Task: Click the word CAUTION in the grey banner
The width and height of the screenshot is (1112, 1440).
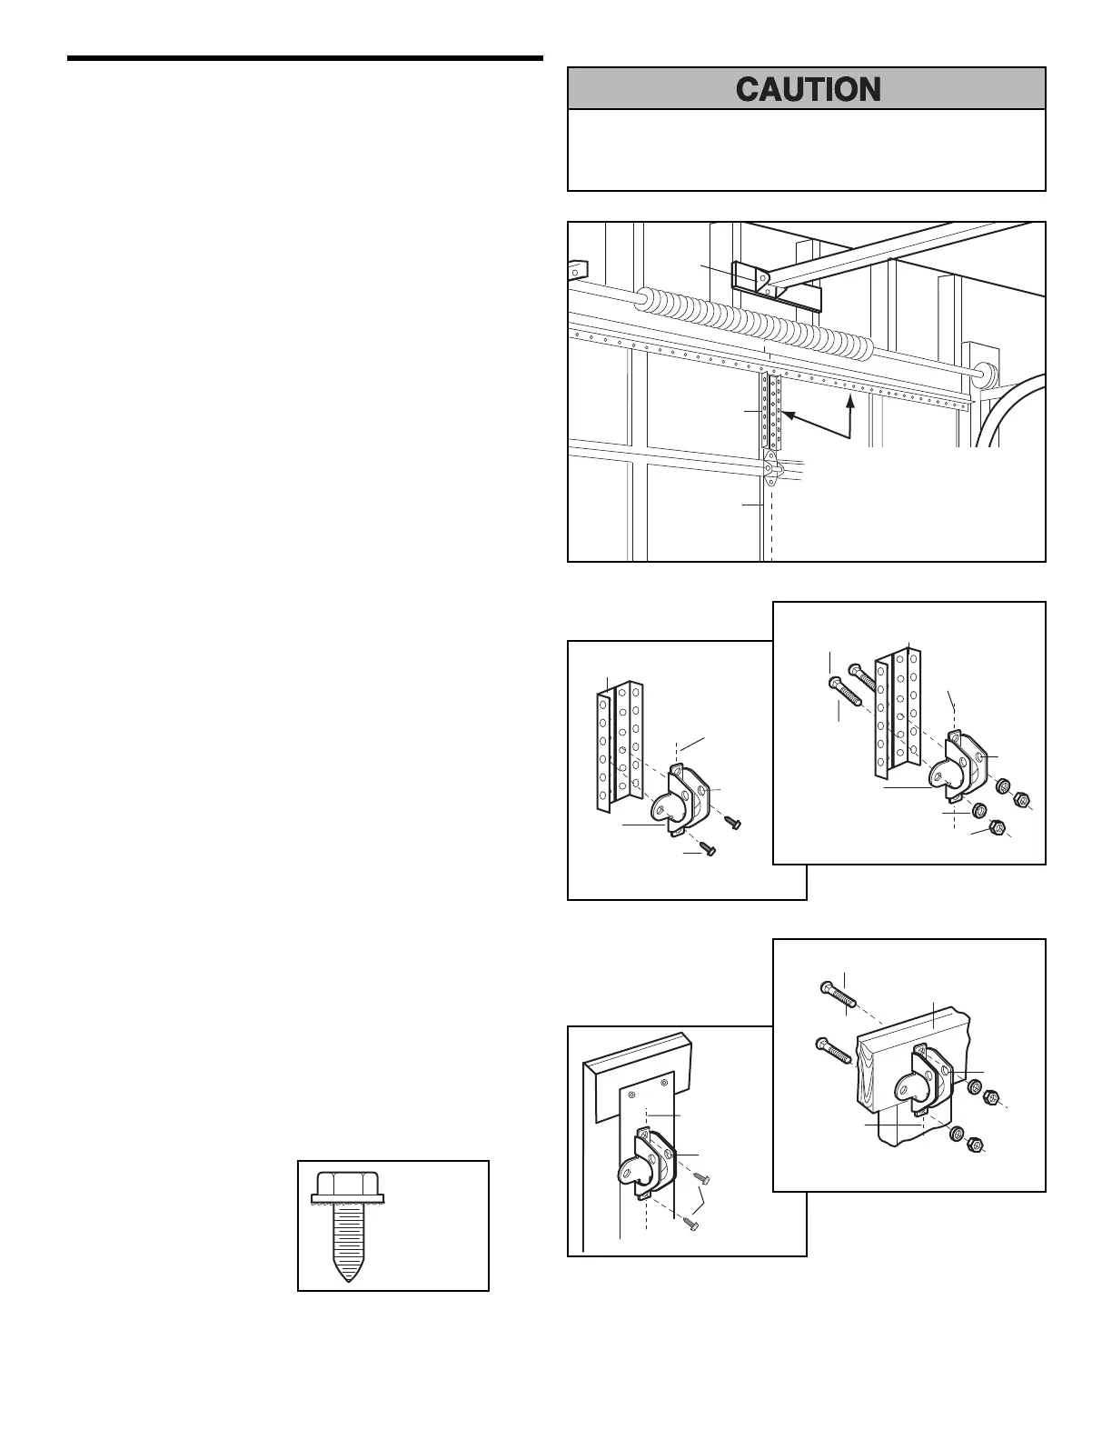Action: [807, 89]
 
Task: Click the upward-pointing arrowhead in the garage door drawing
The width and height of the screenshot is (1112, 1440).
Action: [850, 402]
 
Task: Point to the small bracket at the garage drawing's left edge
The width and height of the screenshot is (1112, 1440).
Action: [578, 269]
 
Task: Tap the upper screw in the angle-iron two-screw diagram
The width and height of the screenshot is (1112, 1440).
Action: [731, 822]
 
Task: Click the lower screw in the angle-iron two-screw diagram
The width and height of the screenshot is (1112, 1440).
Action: [707, 851]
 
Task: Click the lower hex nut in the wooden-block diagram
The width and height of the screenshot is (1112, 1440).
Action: [973, 1144]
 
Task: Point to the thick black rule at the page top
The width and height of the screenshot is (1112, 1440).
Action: [305, 60]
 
